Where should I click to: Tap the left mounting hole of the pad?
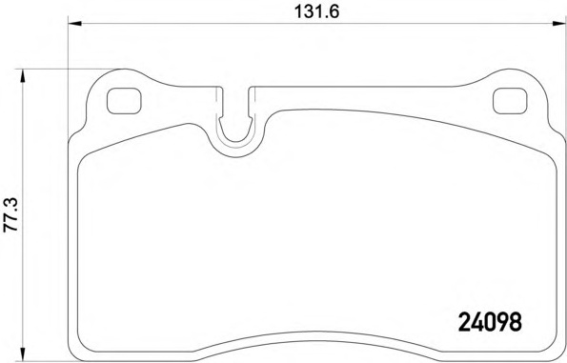(122, 100)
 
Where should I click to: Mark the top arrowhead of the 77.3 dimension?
(29, 73)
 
